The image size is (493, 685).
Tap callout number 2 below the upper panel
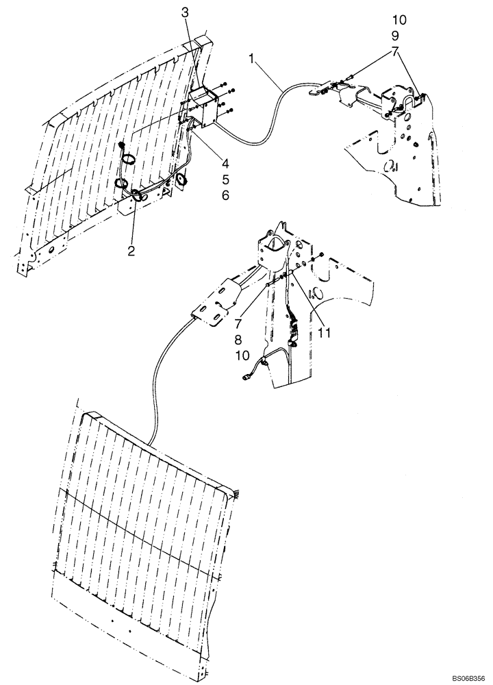pyautogui.click(x=130, y=251)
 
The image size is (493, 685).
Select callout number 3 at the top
pyautogui.click(x=186, y=12)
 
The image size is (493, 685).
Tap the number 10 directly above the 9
pyautogui.click(x=399, y=20)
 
